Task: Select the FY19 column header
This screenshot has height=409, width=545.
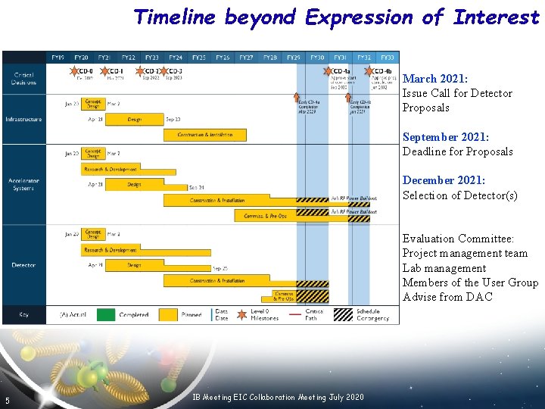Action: [58, 57]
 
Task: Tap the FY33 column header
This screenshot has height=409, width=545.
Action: [387, 57]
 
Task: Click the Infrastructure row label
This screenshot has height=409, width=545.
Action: [23, 119]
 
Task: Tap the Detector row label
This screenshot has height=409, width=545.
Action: [23, 265]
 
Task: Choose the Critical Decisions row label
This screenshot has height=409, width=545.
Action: [23, 78]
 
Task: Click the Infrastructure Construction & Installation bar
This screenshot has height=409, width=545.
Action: [205, 135]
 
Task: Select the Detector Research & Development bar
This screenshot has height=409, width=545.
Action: [114, 249]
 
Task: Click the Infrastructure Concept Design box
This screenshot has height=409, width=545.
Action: [93, 103]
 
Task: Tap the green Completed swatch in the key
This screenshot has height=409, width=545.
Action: [105, 314]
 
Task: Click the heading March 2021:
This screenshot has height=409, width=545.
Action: [434, 79]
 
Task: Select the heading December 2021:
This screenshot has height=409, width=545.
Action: [444, 180]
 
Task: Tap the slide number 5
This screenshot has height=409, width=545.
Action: [7, 401]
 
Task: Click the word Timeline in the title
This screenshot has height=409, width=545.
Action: [175, 17]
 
